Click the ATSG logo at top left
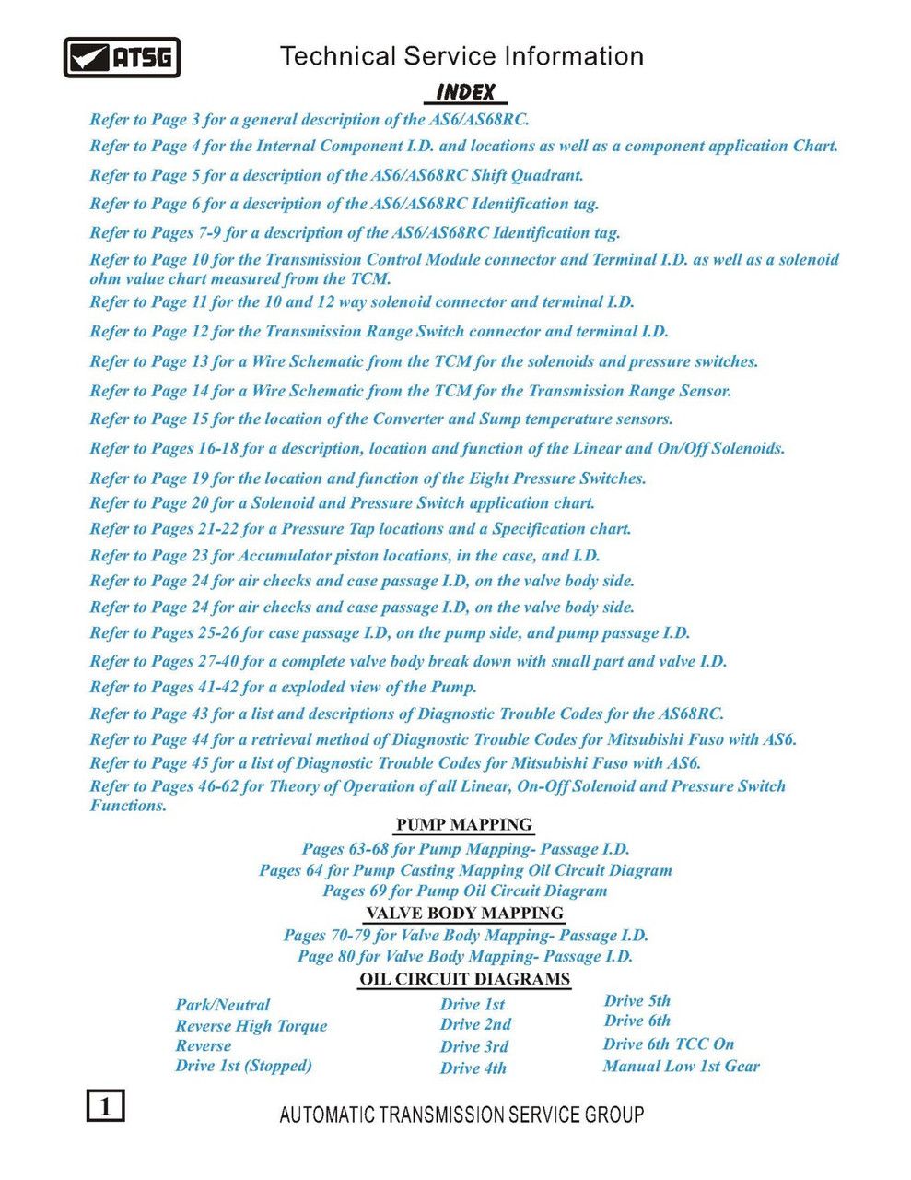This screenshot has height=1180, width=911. coord(122,57)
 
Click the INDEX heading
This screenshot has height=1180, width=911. coord(465,92)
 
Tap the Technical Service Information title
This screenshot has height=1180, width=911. coord(461,56)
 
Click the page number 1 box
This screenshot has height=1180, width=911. coord(106,1104)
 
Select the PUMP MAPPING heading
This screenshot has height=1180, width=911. coord(464,824)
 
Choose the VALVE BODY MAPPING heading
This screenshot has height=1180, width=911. coord(464,913)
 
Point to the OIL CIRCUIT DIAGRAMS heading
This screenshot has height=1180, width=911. coord(464,979)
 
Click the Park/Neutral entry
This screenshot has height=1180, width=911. coord(223,1005)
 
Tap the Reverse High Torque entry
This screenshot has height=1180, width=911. coord(251,1025)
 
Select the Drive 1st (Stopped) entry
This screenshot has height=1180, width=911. coord(244,1066)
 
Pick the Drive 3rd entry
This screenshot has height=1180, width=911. coord(474,1046)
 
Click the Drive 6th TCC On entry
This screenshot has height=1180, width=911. coord(669,1044)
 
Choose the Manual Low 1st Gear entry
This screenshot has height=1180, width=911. coord(682,1066)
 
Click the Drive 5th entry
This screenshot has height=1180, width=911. coord(637,1000)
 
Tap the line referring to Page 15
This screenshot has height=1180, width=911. coord(381,419)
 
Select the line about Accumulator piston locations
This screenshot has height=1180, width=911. coord(345,555)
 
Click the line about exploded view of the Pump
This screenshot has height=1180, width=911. coord(283,687)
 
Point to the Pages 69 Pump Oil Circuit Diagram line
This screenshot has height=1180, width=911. coord(465,891)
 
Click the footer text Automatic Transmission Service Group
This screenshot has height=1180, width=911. coord(461,1115)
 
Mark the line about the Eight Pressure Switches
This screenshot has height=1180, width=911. coord(368,478)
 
